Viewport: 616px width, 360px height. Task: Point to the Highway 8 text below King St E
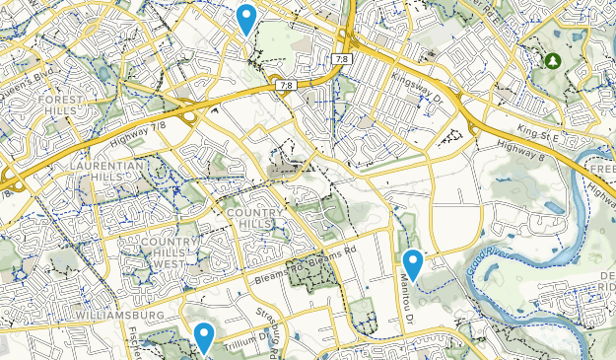click(520, 148)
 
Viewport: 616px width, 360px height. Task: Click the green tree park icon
click(553, 61)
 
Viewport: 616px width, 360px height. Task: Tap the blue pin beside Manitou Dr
click(414, 264)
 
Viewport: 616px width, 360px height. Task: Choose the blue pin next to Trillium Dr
click(204, 337)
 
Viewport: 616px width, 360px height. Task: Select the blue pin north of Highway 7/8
click(246, 18)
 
